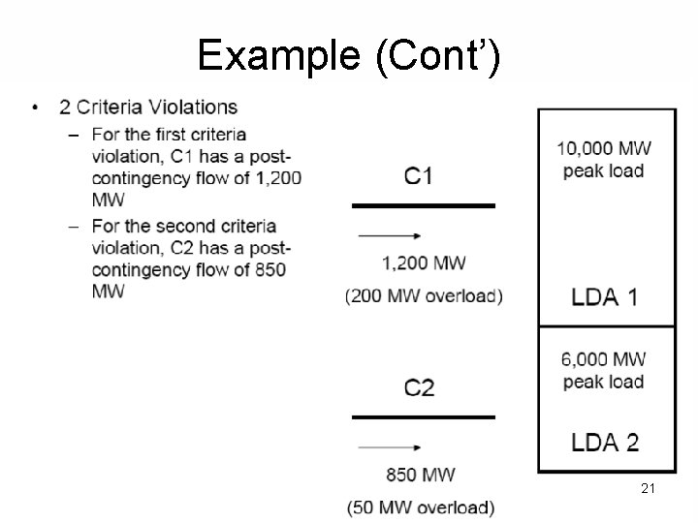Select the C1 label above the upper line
click(x=419, y=176)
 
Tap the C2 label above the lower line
click(x=419, y=388)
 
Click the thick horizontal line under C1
click(x=423, y=205)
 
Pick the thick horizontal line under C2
click(x=423, y=417)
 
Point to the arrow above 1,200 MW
click(x=389, y=235)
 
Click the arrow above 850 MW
click(x=389, y=447)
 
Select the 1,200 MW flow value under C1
click(x=424, y=262)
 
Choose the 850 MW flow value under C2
click(x=421, y=475)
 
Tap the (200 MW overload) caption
click(x=424, y=296)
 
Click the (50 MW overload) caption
click(x=421, y=507)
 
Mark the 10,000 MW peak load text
click(x=603, y=160)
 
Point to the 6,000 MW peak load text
click(x=603, y=370)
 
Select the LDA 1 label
click(x=605, y=296)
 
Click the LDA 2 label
click(x=605, y=443)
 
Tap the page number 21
click(x=648, y=489)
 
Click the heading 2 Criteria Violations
click(x=148, y=107)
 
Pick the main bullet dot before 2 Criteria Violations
click(x=36, y=107)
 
